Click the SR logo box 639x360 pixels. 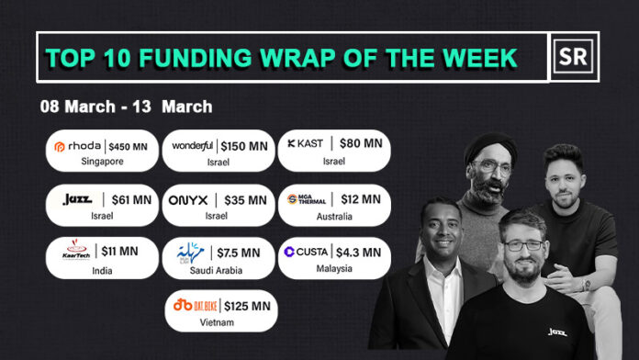575,57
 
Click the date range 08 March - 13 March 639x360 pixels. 126,107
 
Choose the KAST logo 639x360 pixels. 307,145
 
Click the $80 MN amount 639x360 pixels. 360,145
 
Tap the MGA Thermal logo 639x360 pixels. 306,198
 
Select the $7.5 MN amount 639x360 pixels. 238,252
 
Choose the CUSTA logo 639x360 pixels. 307,251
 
